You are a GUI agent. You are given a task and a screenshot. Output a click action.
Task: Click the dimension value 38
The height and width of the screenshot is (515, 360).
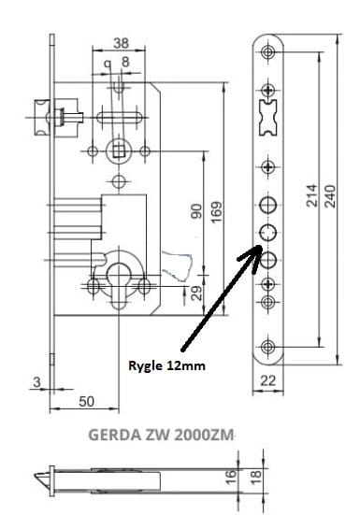(121, 43)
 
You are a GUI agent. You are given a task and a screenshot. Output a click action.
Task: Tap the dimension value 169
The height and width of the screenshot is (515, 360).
(216, 212)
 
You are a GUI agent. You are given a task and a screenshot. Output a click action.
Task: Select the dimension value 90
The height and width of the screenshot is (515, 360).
(196, 211)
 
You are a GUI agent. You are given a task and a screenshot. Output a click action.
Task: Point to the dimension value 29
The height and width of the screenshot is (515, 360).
(196, 293)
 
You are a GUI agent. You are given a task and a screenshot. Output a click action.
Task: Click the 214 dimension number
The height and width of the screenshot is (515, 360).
(312, 195)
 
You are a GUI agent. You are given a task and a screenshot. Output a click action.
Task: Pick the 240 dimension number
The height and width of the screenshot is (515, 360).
(330, 196)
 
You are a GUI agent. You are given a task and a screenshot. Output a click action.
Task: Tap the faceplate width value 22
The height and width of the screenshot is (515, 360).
(268, 380)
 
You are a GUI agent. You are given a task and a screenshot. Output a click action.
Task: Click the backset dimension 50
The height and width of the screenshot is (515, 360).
(86, 401)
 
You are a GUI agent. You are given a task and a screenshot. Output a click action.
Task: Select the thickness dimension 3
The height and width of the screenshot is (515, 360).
(37, 382)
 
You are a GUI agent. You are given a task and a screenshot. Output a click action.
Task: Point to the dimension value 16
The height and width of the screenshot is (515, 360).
(231, 477)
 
